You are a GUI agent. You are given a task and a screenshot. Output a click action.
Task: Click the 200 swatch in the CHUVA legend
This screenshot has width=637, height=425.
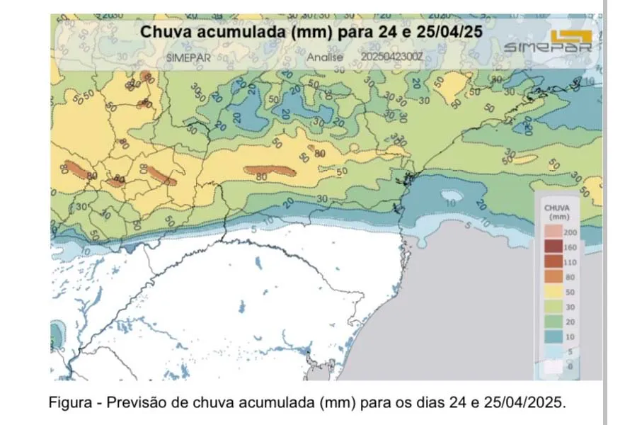(553, 232)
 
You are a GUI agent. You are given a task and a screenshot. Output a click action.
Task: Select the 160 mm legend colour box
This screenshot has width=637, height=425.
(553, 246)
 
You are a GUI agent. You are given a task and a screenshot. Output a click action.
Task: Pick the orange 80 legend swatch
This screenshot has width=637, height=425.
(553, 276)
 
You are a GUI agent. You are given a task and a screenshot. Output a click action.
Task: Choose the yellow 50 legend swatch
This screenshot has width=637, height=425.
(553, 291)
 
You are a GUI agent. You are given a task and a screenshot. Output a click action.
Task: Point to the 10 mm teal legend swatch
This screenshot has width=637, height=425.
(553, 336)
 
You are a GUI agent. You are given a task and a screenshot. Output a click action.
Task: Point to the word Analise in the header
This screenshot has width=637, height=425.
(325, 57)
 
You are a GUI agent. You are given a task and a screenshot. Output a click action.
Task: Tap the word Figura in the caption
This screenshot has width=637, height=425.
(70, 402)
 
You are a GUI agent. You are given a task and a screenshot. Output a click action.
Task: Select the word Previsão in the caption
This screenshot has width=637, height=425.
(131, 402)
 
